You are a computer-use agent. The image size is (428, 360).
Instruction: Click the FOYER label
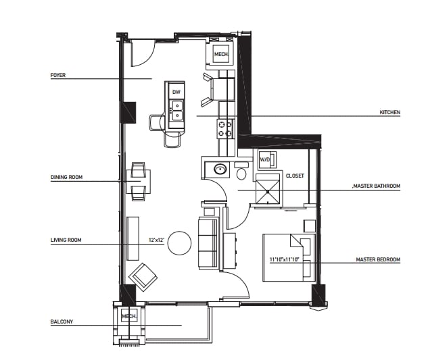coord(58,75)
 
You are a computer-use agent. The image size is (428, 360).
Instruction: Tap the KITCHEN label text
coord(389,112)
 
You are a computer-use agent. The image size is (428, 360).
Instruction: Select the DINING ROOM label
coord(66,177)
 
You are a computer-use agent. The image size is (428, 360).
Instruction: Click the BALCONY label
coord(62,322)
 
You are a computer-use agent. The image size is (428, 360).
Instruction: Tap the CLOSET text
coord(295,176)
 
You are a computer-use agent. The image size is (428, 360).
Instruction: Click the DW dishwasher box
coord(176,91)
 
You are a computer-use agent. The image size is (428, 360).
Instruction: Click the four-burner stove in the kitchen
coord(225,129)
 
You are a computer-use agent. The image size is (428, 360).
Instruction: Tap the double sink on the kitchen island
coord(176,110)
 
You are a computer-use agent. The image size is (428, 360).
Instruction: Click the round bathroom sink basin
coord(220,169)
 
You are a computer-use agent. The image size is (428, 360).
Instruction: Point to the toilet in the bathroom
coord(241,171)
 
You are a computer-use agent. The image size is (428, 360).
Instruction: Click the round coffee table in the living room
coord(179,243)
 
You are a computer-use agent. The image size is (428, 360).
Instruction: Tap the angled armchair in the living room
coord(143,277)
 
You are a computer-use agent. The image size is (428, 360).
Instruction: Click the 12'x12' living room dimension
coord(156,240)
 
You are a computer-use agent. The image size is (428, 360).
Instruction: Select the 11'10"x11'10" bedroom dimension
coord(285,259)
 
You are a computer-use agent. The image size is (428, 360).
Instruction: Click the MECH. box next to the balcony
coord(129,315)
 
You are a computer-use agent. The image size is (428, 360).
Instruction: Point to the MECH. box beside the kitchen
coord(221,54)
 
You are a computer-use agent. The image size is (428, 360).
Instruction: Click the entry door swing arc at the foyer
coord(149,57)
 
